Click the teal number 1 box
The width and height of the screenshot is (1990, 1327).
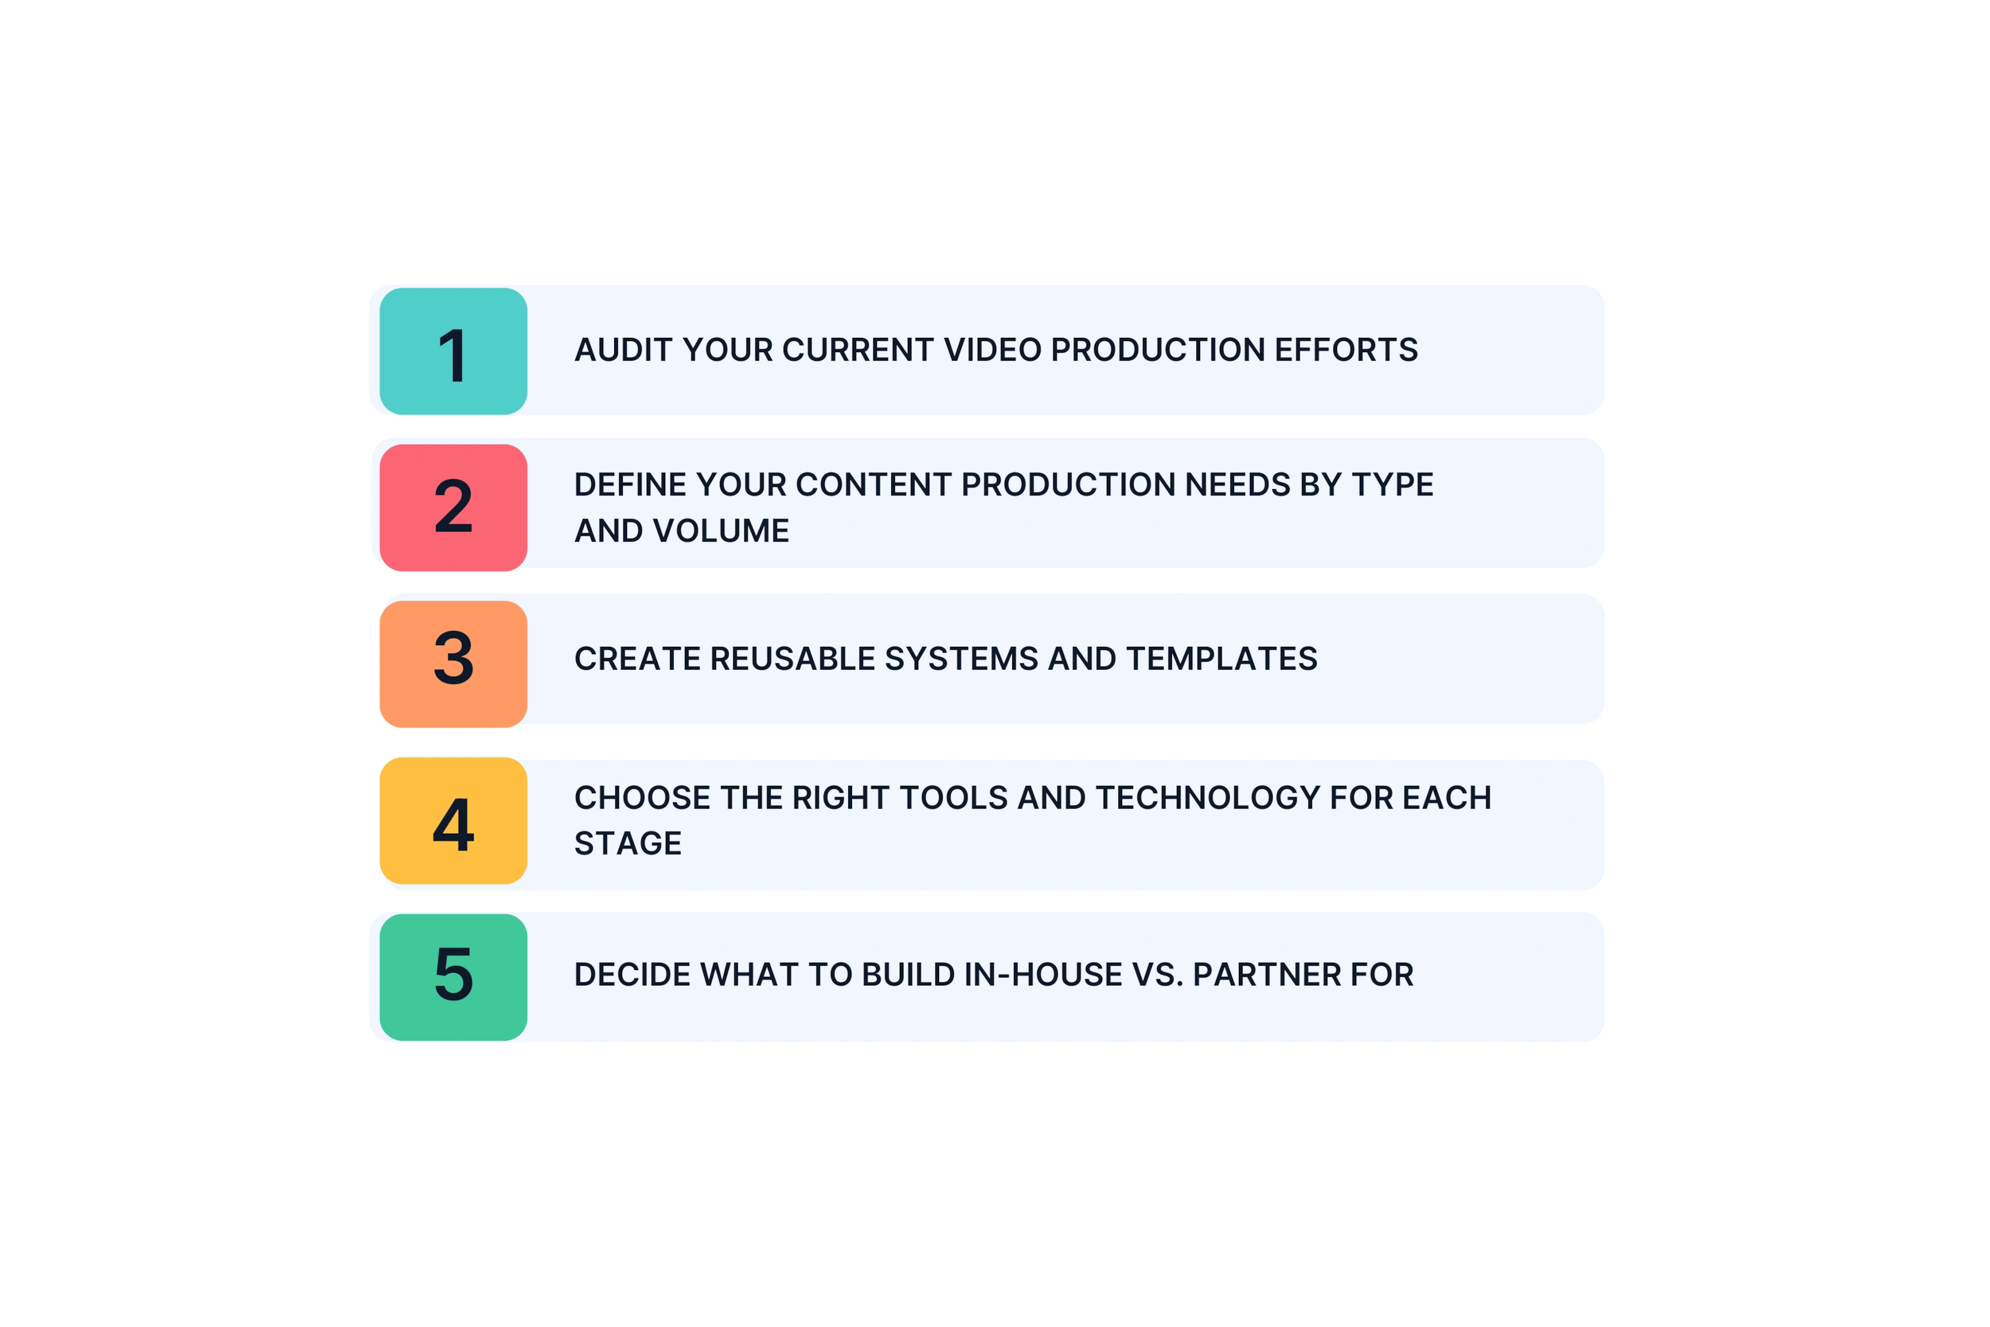453,351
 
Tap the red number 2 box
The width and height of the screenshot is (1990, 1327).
453,508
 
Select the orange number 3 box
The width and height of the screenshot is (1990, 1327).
453,664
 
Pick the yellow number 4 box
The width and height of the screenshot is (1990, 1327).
453,821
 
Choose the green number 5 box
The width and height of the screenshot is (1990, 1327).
453,977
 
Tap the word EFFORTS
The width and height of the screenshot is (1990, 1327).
1346,350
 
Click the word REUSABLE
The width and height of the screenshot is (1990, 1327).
793,659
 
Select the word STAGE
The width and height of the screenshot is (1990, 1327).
628,844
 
